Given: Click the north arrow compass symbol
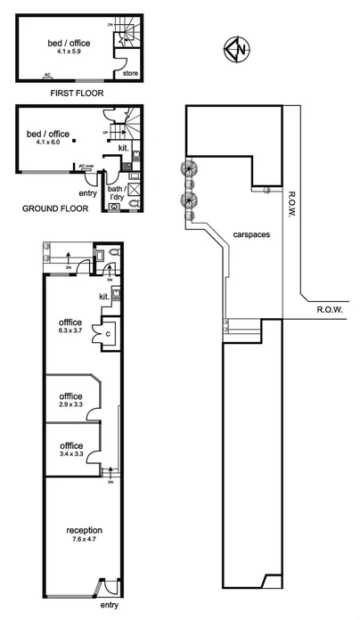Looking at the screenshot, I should [237, 49].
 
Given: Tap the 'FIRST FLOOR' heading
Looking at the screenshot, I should [73, 91].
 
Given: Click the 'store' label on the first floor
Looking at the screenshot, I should [128, 73].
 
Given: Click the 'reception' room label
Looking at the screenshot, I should [77, 530].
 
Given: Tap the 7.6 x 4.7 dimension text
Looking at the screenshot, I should [77, 540].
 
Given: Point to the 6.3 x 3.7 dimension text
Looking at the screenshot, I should [71, 330].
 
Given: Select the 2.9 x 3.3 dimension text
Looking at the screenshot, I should [71, 405].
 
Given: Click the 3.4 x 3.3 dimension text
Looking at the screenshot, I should [71, 453].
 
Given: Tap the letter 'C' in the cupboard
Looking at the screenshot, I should [107, 333].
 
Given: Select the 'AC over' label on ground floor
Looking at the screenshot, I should [86, 166].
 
